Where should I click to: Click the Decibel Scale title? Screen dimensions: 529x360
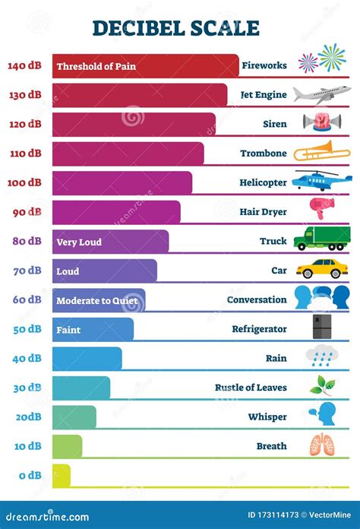[x=175, y=28]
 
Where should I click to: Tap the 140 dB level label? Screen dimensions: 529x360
[x=25, y=65]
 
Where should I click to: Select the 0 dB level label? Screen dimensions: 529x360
[x=30, y=476]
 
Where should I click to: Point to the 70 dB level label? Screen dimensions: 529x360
[x=27, y=271]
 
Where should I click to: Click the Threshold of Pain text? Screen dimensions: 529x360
[x=96, y=66]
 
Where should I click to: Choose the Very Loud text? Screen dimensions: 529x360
[x=79, y=242]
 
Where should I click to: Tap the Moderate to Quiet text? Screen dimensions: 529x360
[x=97, y=301]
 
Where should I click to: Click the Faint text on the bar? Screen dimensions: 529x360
[x=68, y=330]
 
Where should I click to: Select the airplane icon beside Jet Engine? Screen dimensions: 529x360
[x=322, y=95]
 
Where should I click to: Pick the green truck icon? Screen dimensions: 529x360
[x=322, y=239]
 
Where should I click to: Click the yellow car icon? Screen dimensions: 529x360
[x=322, y=269]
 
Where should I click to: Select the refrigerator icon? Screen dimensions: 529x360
[x=321, y=327]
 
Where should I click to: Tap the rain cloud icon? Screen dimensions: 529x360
[x=321, y=356]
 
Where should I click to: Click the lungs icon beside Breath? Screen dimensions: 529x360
[x=321, y=445]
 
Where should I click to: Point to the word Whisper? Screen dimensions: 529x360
[x=267, y=417]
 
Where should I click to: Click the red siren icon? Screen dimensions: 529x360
[x=318, y=122]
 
